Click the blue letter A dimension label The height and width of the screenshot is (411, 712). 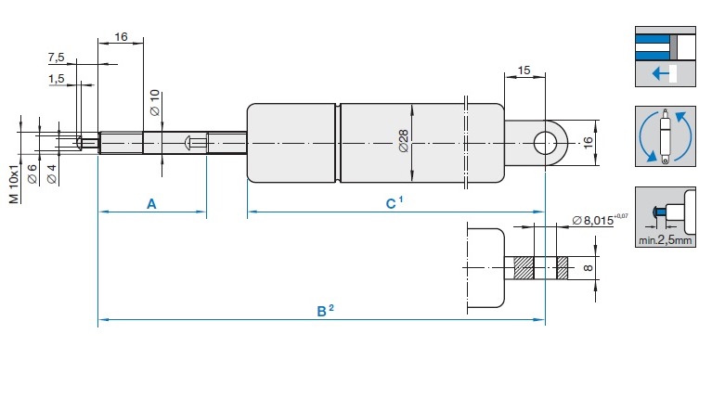pos(151,204)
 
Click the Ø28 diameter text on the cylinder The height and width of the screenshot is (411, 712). pos(403,141)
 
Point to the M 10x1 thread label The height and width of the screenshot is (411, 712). pos(14,185)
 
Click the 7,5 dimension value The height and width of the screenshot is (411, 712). pos(57,58)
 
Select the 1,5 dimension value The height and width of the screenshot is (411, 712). pos(57,79)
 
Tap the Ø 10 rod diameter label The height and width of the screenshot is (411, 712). pos(155,103)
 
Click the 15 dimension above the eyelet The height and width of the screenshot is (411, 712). pos(524,71)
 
